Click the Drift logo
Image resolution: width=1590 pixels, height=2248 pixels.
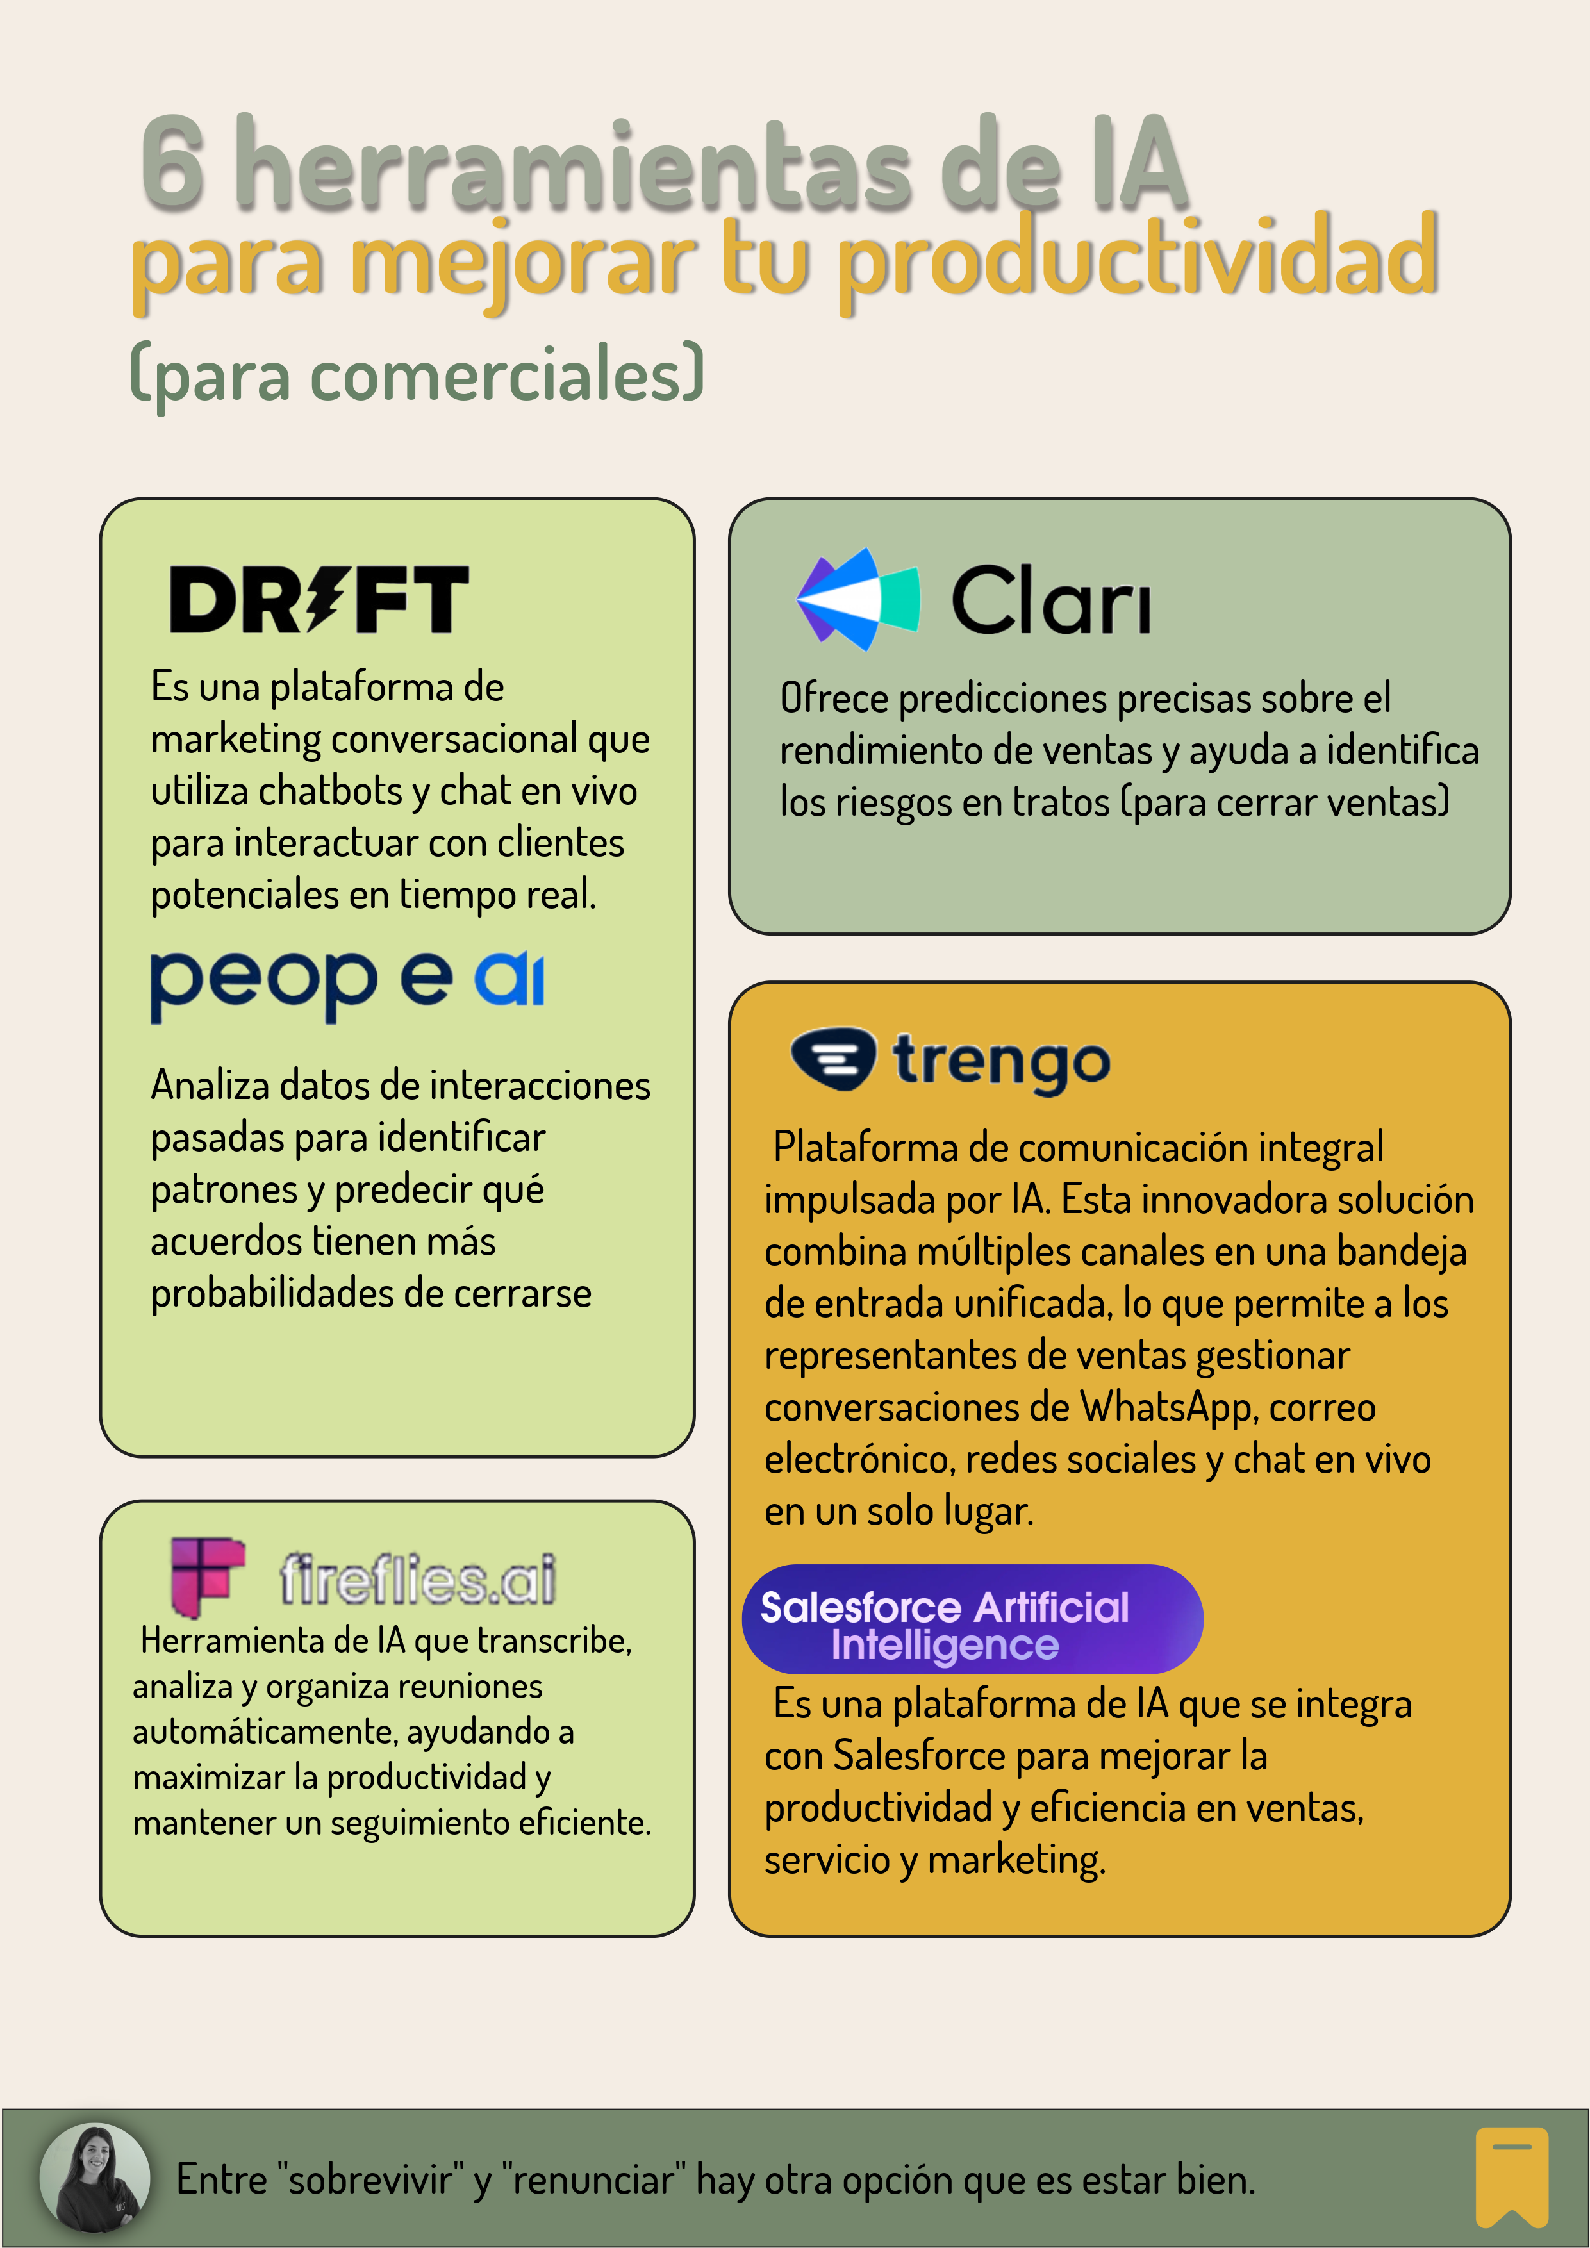[319, 599]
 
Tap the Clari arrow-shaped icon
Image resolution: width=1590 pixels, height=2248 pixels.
[857, 599]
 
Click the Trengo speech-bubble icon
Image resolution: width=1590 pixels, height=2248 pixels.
[832, 1059]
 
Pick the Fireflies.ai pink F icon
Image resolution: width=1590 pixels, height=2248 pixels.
[206, 1575]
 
